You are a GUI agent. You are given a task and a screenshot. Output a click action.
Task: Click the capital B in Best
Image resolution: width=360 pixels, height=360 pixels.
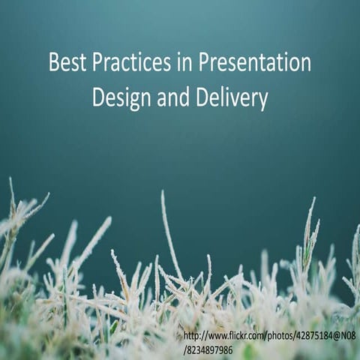click(x=54, y=62)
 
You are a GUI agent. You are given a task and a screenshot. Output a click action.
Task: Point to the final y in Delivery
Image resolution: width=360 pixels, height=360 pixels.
click(x=263, y=101)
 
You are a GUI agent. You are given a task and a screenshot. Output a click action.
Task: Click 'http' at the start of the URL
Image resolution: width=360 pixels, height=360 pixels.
click(x=192, y=336)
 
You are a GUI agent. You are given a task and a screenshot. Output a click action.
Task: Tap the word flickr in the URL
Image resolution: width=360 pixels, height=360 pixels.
click(x=246, y=336)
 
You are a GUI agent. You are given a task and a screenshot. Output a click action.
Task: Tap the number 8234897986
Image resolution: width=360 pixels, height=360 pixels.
click(x=210, y=350)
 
